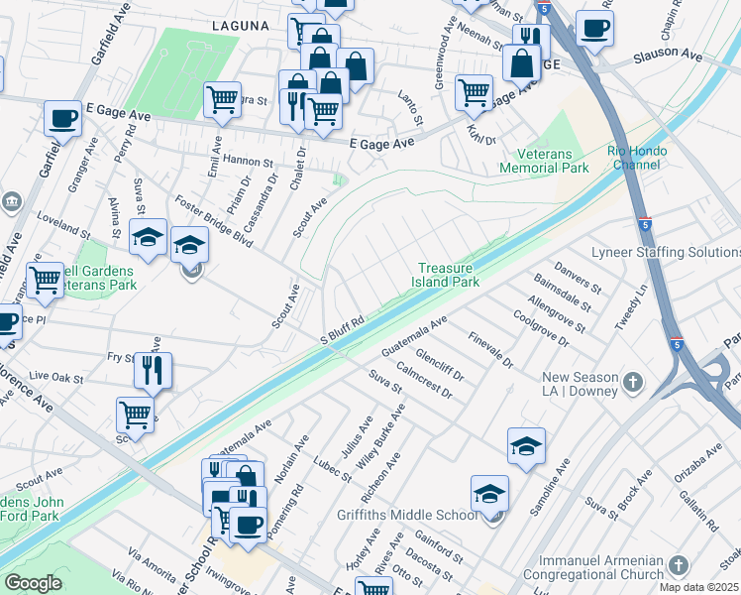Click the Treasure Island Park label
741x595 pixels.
click(448, 275)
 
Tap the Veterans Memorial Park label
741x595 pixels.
click(553, 161)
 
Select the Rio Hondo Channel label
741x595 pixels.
click(637, 159)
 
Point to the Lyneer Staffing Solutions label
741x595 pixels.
click(665, 252)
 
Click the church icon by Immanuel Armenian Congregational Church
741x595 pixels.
click(679, 564)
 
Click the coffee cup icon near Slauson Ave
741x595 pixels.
click(594, 29)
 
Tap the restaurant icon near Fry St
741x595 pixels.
click(153, 371)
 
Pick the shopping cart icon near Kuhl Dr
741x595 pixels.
click(474, 92)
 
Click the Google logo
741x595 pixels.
click(34, 582)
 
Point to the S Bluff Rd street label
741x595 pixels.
click(343, 328)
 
